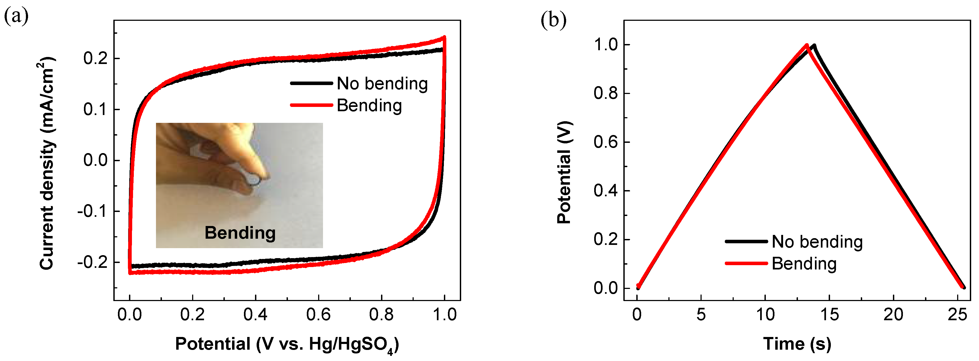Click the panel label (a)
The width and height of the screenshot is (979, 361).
(16, 17)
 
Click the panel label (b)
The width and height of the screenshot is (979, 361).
(553, 20)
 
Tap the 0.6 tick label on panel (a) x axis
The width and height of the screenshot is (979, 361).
(318, 315)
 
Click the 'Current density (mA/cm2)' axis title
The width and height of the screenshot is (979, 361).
(48, 164)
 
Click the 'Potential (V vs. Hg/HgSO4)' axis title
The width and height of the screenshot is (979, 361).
(287, 344)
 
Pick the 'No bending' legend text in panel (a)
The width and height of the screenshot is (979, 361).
(382, 84)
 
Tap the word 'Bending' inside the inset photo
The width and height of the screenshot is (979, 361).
(240, 232)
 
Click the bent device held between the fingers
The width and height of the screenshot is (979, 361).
(253, 178)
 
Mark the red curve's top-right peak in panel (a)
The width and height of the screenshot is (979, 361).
(444, 37)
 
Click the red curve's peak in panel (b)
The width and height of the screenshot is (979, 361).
(807, 45)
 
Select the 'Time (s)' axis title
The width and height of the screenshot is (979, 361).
(797, 344)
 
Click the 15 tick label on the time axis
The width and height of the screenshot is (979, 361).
(829, 315)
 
